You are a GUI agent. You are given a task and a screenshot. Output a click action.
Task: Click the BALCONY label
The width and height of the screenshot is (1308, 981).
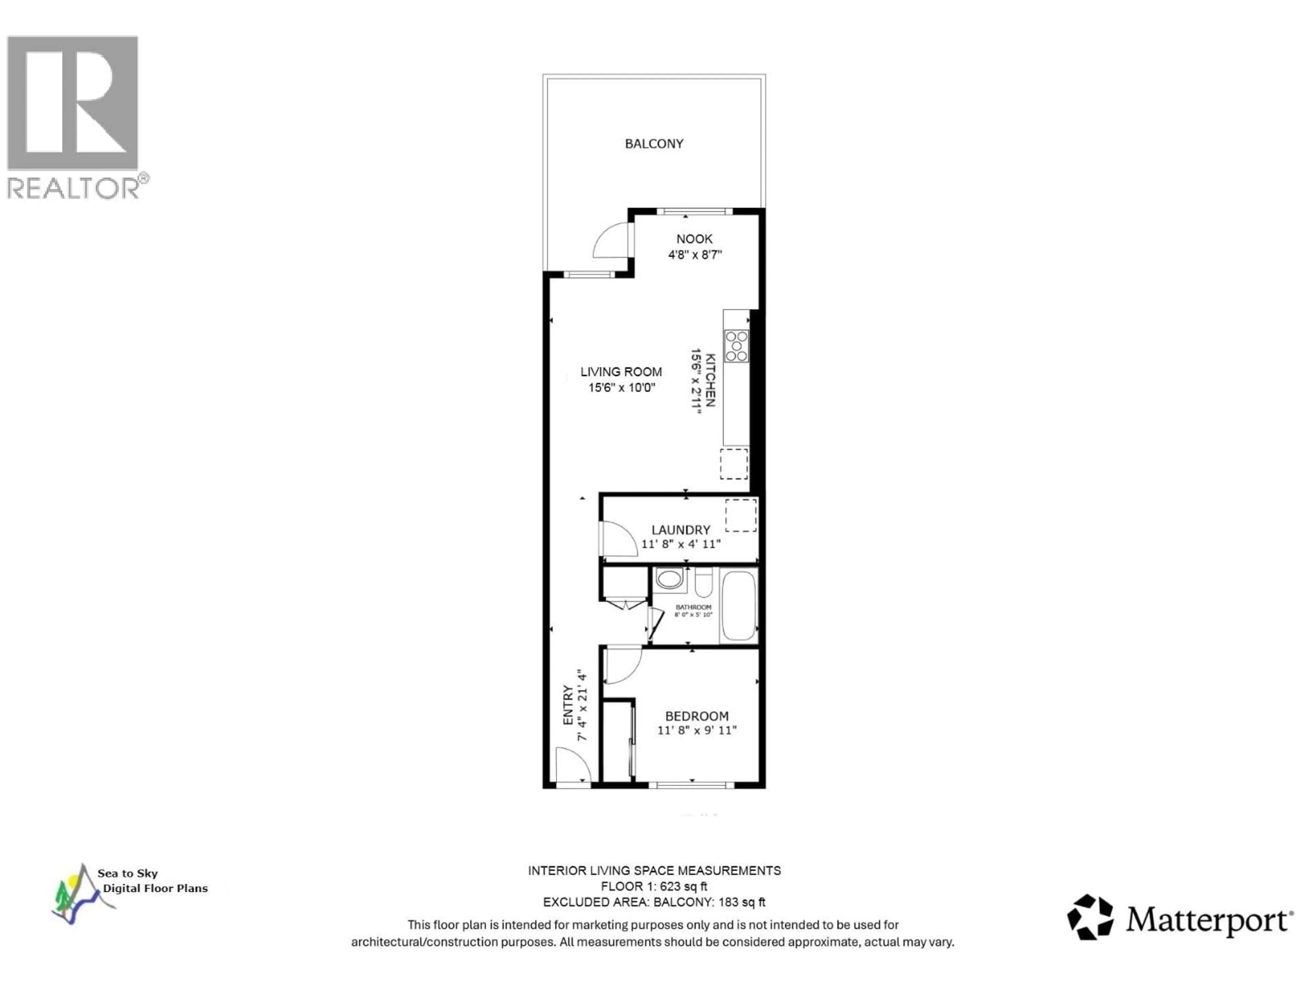click(x=654, y=144)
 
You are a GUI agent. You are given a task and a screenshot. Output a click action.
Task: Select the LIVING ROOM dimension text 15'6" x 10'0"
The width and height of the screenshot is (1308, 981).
click(x=622, y=388)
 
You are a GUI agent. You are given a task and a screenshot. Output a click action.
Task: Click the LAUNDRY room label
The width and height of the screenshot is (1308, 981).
click(x=681, y=530)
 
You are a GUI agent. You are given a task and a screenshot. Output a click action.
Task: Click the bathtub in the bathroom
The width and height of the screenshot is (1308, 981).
click(x=738, y=606)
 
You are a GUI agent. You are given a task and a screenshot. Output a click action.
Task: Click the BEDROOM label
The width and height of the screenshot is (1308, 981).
click(x=697, y=716)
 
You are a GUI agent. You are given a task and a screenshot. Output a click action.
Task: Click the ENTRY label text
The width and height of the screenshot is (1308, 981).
click(x=568, y=705)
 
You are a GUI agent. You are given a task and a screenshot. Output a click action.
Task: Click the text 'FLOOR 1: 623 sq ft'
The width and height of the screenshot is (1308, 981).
click(x=654, y=886)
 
